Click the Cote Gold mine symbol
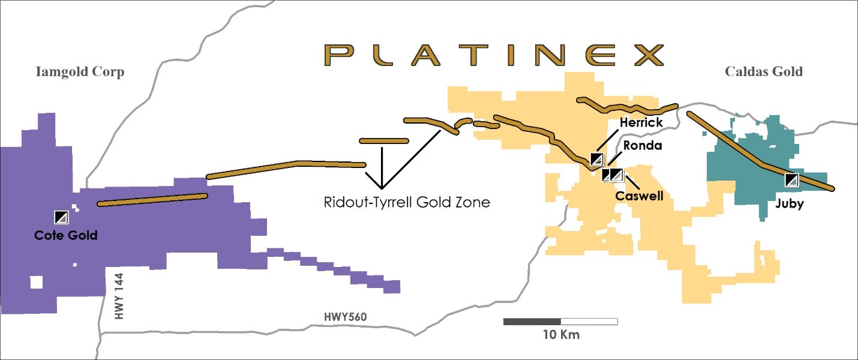click(x=62, y=217)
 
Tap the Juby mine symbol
click(x=792, y=180)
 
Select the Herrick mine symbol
click(x=597, y=159)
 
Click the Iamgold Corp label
click(x=79, y=72)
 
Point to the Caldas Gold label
click(x=763, y=72)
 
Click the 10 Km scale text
click(x=561, y=335)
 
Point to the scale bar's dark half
click(x=532, y=322)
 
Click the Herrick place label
click(x=641, y=123)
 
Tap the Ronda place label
click(x=642, y=145)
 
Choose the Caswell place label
click(x=639, y=196)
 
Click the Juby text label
click(x=790, y=203)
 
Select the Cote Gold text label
click(x=66, y=236)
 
